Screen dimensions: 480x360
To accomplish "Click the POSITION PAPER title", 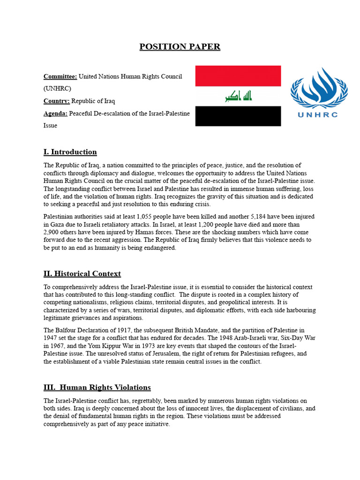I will point(180,47).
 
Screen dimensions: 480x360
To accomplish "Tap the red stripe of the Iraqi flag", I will point(238,76).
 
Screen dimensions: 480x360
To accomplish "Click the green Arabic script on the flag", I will point(238,97).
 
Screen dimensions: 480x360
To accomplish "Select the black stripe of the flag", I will point(238,116).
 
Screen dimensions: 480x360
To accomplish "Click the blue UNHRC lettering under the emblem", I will point(317,114).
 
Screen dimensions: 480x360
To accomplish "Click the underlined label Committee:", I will point(60,76).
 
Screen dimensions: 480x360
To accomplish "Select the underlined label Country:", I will point(57,101).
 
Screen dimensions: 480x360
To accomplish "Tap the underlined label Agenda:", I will point(56,113).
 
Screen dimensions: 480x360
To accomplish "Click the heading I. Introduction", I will point(70,152).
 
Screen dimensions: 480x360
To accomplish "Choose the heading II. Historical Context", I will point(82,274).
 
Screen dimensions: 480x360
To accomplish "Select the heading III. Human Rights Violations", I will point(97,387).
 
